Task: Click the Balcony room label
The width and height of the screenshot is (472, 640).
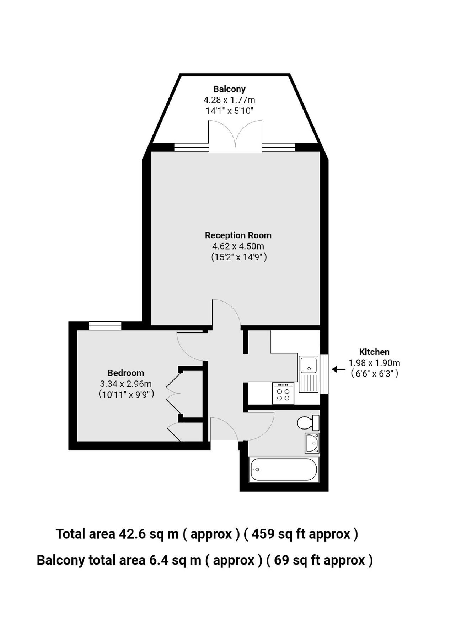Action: (x=229, y=89)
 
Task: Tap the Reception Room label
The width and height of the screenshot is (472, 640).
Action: (x=238, y=235)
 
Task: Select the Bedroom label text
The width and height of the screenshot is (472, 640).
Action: (x=125, y=373)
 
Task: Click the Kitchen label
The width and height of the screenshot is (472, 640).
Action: (x=374, y=352)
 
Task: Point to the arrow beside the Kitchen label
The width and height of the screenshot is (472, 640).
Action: (x=338, y=369)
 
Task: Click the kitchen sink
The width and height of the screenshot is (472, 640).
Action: (x=309, y=373)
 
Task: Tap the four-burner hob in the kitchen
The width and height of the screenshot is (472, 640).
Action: (x=283, y=393)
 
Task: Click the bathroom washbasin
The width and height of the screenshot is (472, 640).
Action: (x=312, y=443)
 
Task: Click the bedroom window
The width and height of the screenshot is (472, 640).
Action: (x=105, y=325)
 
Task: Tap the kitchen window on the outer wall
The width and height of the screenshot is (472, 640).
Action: (x=324, y=374)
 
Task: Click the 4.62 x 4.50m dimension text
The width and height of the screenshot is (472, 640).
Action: (x=238, y=246)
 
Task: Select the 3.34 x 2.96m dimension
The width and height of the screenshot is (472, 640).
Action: (x=126, y=384)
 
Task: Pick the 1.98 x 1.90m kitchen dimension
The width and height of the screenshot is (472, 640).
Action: (x=374, y=363)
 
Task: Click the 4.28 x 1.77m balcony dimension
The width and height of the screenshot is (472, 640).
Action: (x=229, y=100)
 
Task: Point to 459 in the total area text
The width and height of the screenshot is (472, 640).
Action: (x=263, y=534)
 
